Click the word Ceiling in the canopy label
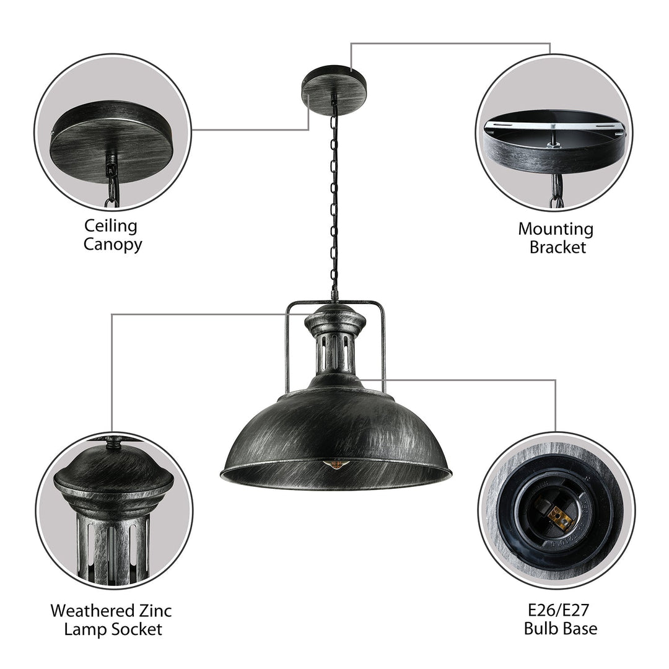coord(112,226)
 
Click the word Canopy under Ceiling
coord(112,244)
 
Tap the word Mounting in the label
coord(556,229)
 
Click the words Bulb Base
coord(561,629)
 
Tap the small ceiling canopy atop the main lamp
coord(334,85)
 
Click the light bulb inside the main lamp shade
coord(337,464)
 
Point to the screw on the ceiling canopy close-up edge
coord(52,132)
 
